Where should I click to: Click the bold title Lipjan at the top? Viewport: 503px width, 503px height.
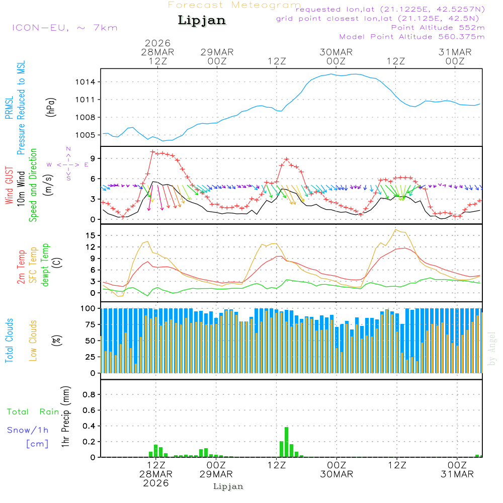tap(202, 21)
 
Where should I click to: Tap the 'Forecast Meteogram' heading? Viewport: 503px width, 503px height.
tap(234, 5)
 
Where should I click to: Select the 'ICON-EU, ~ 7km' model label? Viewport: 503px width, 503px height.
tap(64, 28)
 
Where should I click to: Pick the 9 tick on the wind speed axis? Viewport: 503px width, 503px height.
tap(93, 158)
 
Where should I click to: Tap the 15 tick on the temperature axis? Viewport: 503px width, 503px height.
tap(91, 235)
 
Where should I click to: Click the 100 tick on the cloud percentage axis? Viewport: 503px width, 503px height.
tap(88, 308)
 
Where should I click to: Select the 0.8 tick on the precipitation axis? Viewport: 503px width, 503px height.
tap(89, 394)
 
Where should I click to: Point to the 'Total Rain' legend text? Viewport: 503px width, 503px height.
tap(33, 412)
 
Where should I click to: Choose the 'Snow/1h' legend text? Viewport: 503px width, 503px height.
tap(28, 430)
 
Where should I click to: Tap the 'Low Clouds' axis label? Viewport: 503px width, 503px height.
tap(33, 340)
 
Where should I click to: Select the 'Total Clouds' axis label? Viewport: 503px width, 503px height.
tap(9, 340)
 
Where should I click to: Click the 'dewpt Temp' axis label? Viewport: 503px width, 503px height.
tap(45, 265)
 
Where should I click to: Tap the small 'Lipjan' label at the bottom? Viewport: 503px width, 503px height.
tap(228, 486)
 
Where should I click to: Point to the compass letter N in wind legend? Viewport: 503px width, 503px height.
tap(68, 149)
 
